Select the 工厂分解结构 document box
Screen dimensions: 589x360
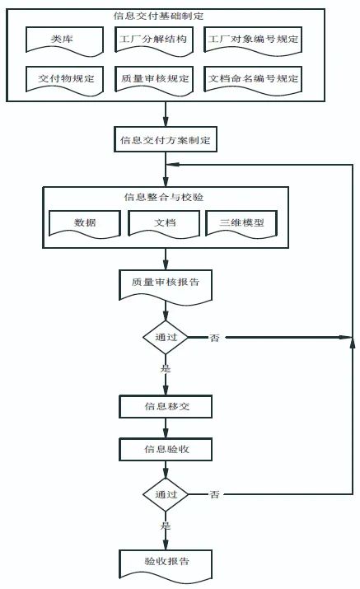coord(153,40)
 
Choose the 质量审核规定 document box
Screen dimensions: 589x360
coord(153,80)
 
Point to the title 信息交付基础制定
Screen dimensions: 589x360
coord(159,15)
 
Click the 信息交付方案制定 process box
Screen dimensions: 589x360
coord(165,140)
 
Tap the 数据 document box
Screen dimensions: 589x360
coord(84,223)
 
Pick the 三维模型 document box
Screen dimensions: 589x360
coord(241,223)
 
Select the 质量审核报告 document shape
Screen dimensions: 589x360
coord(166,283)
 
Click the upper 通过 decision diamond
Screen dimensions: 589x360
coord(166,337)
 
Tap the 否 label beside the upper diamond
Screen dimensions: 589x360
coord(214,338)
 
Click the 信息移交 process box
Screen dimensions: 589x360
coord(166,406)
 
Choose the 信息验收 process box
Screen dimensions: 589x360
coord(166,450)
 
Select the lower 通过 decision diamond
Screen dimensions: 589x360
coord(166,494)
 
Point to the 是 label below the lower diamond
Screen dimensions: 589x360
coord(166,525)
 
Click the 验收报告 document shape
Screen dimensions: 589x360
coord(166,563)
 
